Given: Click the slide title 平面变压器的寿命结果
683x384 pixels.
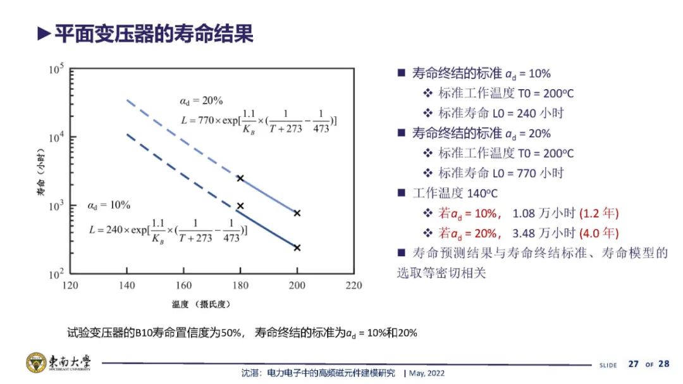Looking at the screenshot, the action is (154, 34).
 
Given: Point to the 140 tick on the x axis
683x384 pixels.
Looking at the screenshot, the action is (126, 285).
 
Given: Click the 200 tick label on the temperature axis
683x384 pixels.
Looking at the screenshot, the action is (297, 285).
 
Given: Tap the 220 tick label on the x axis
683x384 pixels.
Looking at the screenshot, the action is (354, 285).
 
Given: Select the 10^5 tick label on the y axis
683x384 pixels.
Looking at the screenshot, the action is (56, 69).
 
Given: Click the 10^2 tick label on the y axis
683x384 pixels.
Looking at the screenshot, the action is (56, 274).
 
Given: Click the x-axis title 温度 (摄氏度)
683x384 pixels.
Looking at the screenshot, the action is (201, 304).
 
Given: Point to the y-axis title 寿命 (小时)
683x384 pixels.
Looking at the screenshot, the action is (40, 172).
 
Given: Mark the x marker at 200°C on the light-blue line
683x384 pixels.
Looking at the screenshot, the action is (297, 213).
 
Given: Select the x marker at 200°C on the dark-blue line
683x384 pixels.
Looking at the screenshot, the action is (297, 247).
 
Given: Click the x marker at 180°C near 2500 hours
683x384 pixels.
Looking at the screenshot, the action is (240, 178).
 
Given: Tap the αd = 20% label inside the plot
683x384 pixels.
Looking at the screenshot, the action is (201, 101).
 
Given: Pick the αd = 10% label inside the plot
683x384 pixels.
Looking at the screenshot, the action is (109, 206).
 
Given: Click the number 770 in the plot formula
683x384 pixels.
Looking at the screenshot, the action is (206, 120).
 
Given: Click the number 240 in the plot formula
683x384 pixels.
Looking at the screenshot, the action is (114, 230).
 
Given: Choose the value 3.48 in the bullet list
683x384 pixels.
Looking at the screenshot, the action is (524, 233).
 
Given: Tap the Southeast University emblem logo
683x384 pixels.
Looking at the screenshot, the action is (36, 362).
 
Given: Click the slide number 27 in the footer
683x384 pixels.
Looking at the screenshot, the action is (633, 364).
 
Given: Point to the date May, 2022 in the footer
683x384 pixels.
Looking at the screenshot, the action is (427, 373).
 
